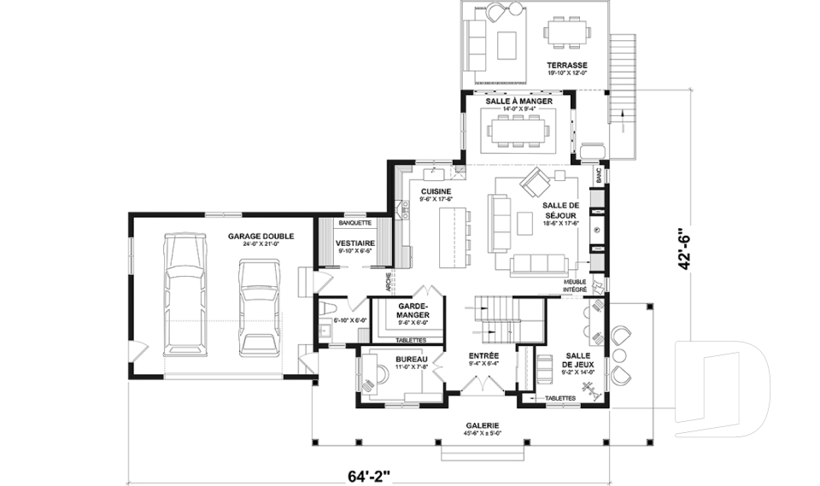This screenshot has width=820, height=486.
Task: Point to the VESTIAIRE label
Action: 352,243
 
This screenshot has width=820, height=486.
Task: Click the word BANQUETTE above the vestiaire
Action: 354,223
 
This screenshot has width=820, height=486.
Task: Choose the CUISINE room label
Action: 436,191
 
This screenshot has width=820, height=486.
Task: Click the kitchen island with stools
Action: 452,236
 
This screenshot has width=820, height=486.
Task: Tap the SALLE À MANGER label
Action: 518,101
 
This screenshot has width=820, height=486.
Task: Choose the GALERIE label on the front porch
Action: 483,425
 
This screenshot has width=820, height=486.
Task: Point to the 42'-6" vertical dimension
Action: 683,249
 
